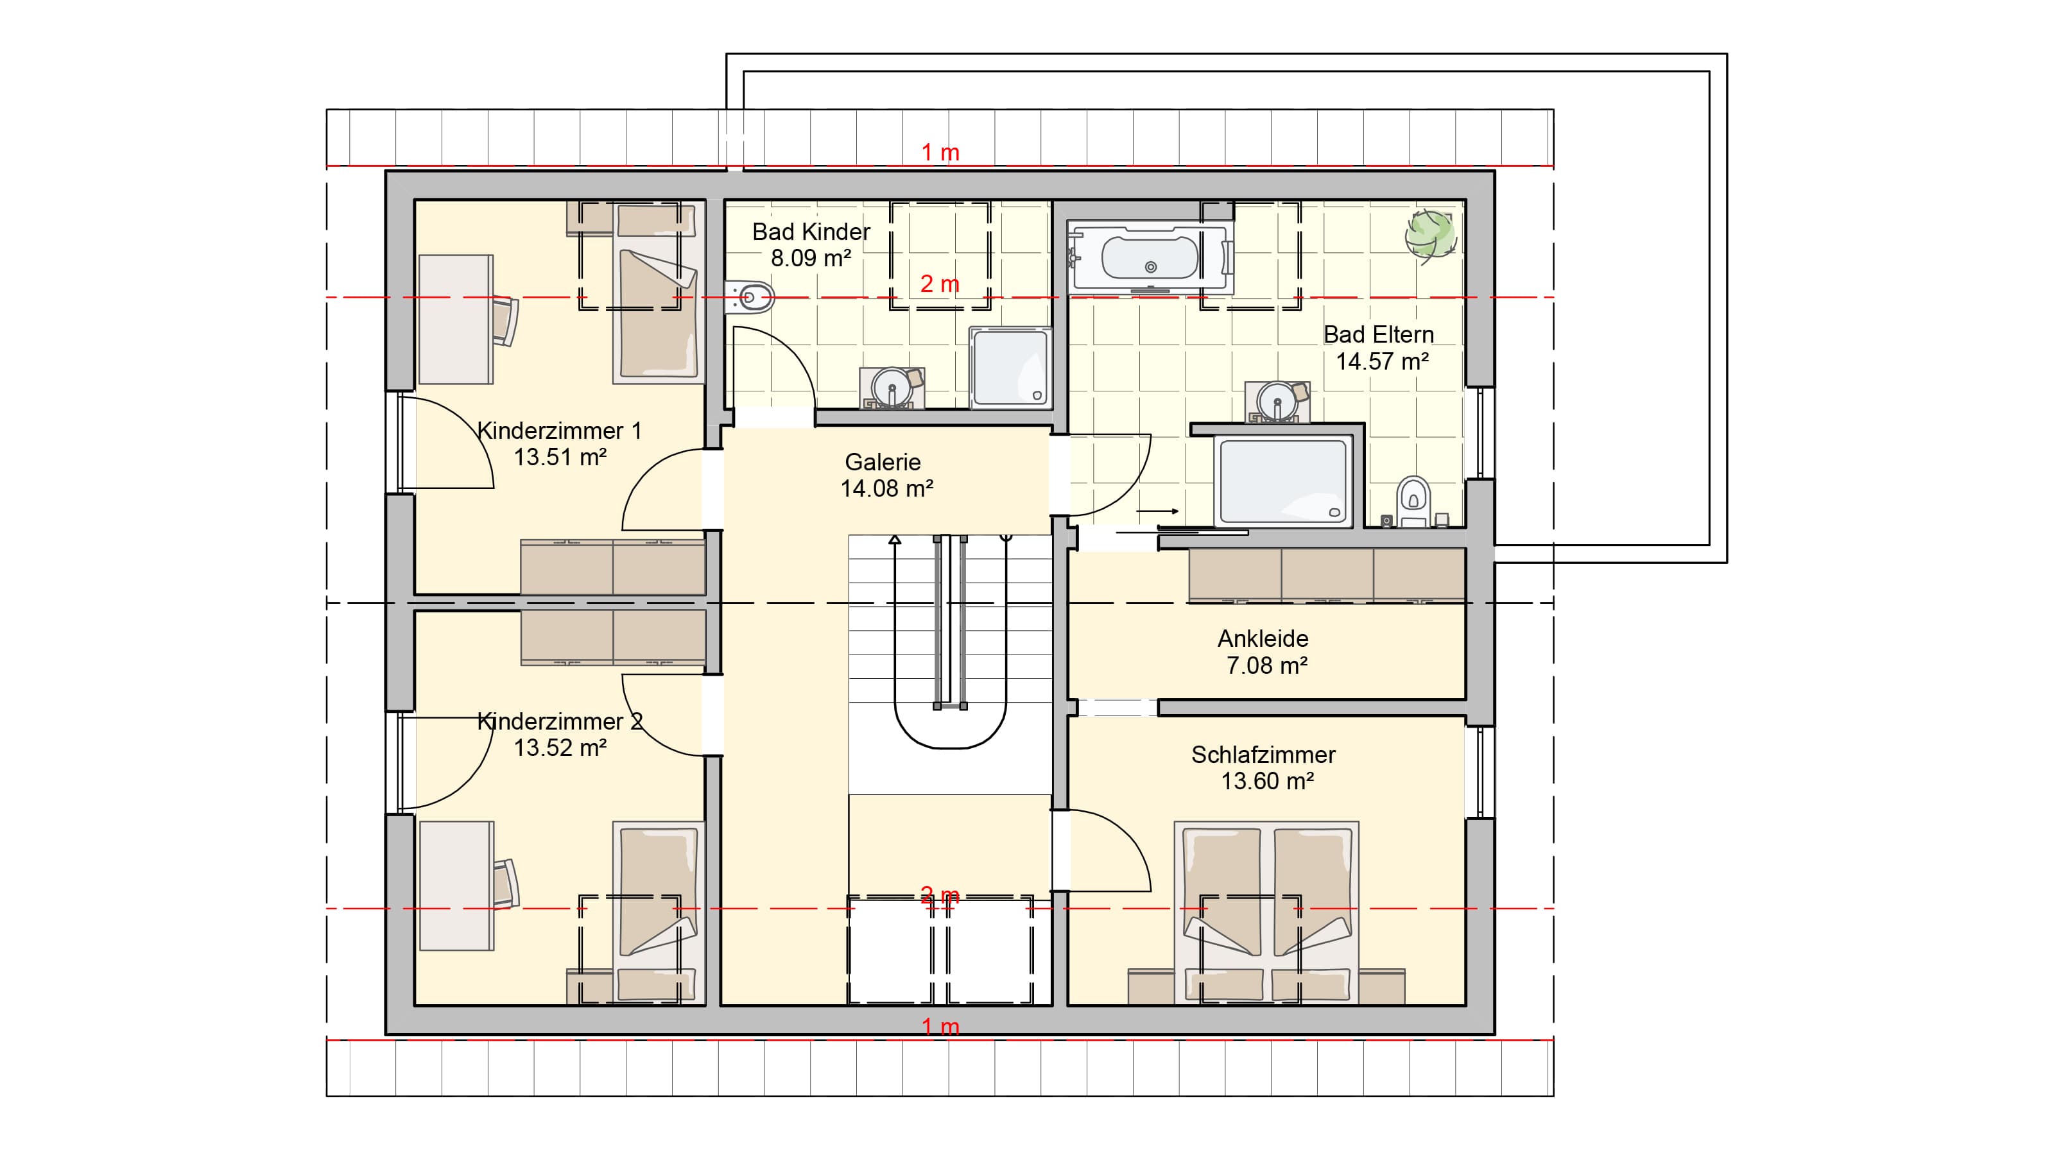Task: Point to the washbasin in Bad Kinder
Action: (893, 388)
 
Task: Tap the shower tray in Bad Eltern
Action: (1282, 481)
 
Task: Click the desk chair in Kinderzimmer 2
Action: (505, 882)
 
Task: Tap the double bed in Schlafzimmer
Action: (1266, 912)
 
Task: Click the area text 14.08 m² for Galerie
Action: (886, 488)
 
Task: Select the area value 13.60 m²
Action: (1268, 781)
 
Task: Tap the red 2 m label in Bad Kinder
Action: (939, 284)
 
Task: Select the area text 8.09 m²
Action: (811, 258)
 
